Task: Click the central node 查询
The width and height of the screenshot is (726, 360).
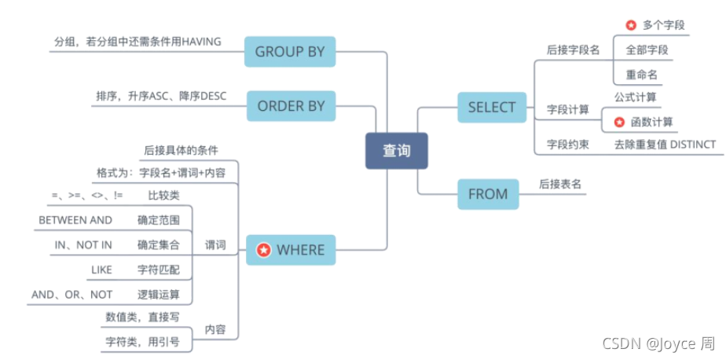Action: coord(396,150)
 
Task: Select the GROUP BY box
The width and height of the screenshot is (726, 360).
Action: coord(290,53)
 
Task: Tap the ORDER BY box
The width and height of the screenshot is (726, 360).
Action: coord(291,106)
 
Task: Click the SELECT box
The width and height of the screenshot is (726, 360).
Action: coord(492,107)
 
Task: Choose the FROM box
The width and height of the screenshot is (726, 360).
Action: coord(488,193)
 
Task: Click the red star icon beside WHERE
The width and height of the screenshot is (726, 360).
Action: coord(265,250)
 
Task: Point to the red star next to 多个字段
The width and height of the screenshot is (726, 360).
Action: coord(630,25)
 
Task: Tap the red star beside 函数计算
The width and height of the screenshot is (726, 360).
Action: coord(618,123)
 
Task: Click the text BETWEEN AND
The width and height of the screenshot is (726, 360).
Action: coord(75,220)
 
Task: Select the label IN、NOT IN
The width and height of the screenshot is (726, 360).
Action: coord(83,245)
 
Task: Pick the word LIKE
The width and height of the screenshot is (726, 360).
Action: coord(101,270)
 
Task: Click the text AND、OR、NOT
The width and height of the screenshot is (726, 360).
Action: coord(72,295)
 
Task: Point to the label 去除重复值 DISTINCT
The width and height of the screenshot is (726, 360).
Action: coord(665,145)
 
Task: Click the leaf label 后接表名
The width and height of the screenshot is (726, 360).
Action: coord(559,184)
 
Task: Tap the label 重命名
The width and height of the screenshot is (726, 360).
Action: coord(642,75)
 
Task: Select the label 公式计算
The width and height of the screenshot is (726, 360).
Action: coord(636,97)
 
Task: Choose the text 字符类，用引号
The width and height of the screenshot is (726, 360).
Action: coord(143,341)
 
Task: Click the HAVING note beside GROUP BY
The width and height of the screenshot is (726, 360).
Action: coord(137,41)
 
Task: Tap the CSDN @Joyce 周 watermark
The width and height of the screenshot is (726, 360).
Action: coord(658,343)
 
